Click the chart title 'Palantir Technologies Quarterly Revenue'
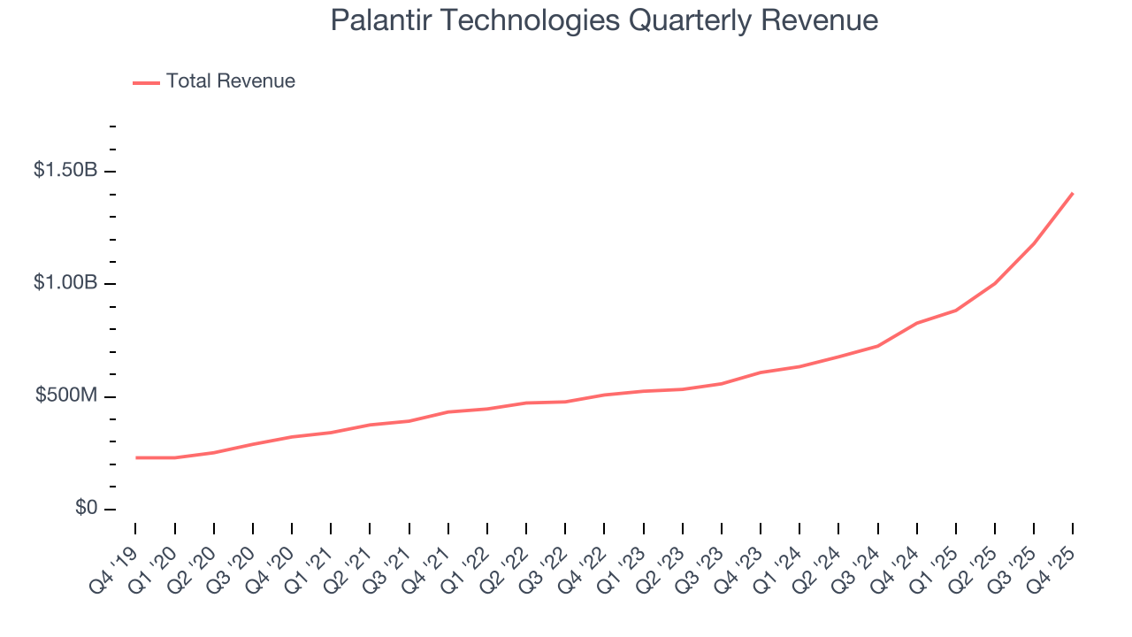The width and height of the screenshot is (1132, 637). (604, 20)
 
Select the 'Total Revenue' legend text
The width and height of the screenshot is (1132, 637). (230, 81)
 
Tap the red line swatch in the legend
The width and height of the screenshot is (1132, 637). (146, 82)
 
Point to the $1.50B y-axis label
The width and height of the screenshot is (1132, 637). (65, 171)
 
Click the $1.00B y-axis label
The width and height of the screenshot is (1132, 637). (65, 283)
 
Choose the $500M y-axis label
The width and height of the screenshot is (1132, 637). (66, 395)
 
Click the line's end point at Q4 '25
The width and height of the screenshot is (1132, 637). (1072, 193)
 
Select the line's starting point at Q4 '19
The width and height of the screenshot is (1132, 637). (136, 457)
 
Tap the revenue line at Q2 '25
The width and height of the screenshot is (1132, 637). (995, 283)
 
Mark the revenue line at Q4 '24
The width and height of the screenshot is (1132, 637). (917, 323)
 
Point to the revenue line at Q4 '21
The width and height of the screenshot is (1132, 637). (448, 411)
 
